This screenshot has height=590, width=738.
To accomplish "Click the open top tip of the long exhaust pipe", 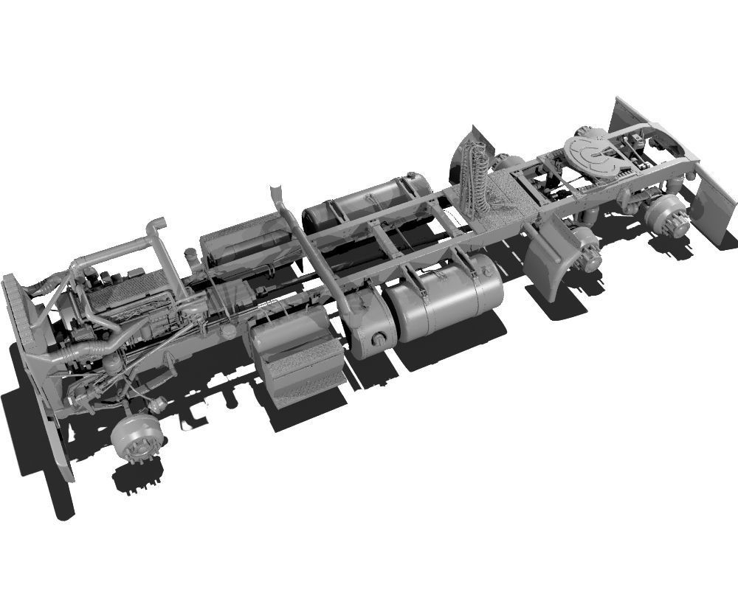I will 275,190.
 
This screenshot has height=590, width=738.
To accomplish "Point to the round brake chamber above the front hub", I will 156,403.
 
